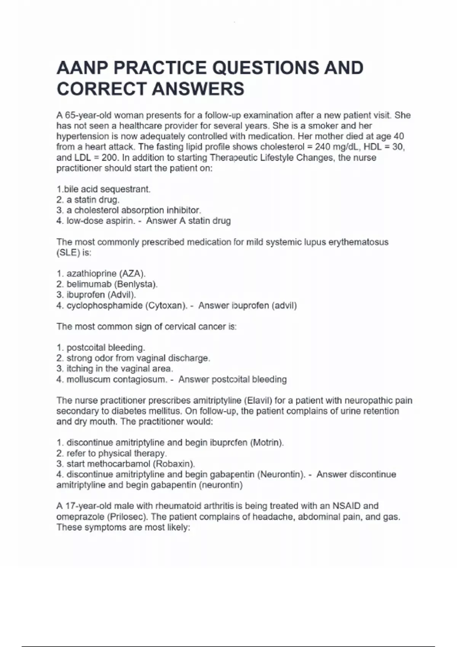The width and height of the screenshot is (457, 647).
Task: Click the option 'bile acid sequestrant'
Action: point(107,189)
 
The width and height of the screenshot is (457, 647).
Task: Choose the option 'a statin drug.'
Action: point(93,200)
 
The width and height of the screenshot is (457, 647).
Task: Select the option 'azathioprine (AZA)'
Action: point(106,274)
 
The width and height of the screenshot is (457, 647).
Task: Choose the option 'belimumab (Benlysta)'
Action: point(112,284)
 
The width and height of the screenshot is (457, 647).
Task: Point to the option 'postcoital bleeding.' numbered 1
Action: point(105,347)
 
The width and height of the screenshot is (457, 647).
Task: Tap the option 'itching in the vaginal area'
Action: point(120,369)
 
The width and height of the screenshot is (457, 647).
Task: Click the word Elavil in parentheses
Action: point(259,400)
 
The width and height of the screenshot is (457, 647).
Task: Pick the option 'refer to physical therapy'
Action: point(117,453)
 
